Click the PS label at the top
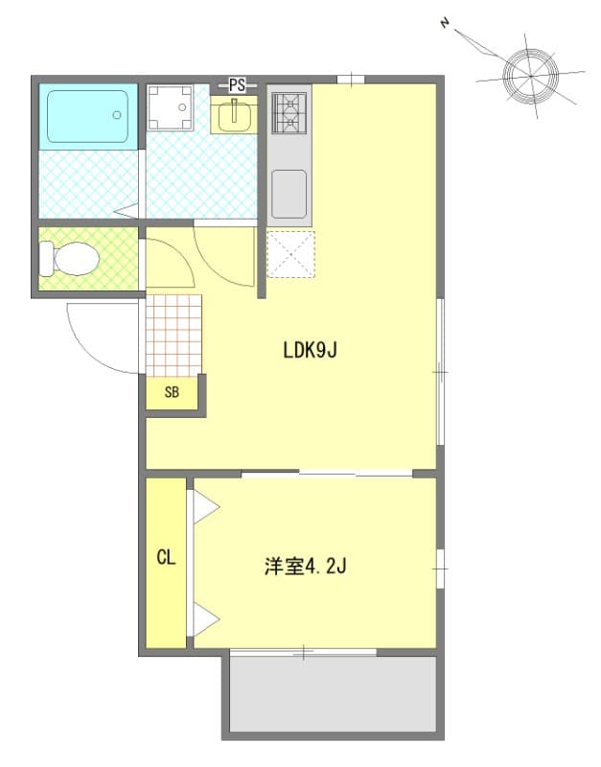point(237,85)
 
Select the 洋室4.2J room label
point(305,567)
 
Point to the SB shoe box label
point(172,392)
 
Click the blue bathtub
point(86,116)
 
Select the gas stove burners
point(288,112)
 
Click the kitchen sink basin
point(289,193)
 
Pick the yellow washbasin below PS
point(233,116)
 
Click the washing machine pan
point(171,107)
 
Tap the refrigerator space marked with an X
point(290,254)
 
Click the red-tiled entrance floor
point(173,334)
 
